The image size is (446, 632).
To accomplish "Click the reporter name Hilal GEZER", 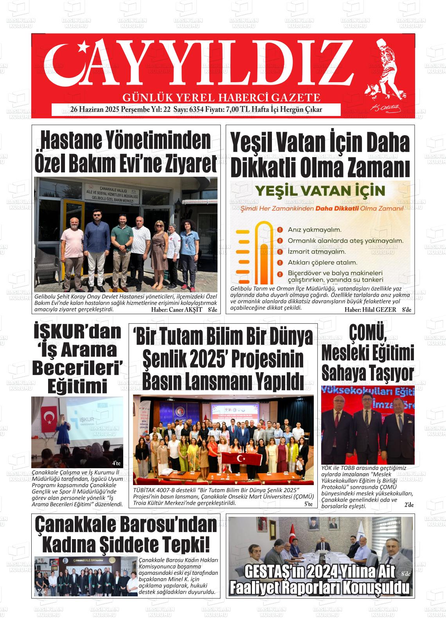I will pyautogui.click(x=378, y=310).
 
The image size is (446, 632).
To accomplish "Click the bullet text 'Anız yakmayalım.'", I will pyautogui.click(x=315, y=230).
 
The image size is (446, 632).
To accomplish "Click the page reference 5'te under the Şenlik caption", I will pyautogui.click(x=308, y=504).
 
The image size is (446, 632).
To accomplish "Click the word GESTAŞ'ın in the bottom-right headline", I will pyautogui.click(x=274, y=572).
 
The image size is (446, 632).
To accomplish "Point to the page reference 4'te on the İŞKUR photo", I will pyautogui.click(x=116, y=464).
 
